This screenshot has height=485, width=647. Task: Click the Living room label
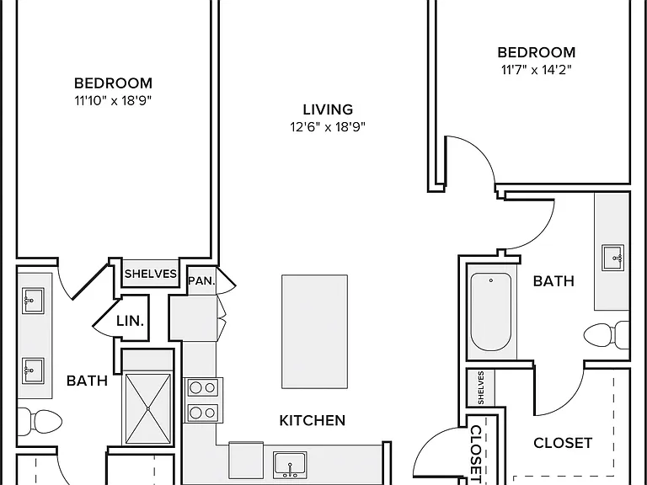point(328,109)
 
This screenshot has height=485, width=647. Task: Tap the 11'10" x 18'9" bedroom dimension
point(113,101)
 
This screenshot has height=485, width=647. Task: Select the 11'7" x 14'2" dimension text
point(537,70)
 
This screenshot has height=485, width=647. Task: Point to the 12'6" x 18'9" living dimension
point(328,126)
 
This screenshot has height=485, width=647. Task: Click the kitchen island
point(314,332)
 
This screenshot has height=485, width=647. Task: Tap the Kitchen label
point(313,421)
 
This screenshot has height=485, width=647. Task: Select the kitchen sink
point(290,465)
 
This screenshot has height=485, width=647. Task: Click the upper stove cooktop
point(202,387)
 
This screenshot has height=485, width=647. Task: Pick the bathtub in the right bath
point(491,312)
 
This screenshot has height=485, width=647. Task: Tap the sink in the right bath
point(612,258)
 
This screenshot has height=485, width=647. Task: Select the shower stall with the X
point(148,408)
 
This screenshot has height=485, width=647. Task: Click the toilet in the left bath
point(40,422)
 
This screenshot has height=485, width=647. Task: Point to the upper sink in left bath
point(33,301)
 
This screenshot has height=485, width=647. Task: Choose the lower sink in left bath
point(33,370)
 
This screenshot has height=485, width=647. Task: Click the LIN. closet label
point(130,321)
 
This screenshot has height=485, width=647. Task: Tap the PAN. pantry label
point(201,281)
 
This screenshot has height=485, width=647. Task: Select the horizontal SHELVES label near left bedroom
point(151,274)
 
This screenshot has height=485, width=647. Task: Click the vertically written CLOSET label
point(476,454)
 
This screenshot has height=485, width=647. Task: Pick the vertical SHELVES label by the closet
point(481,387)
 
